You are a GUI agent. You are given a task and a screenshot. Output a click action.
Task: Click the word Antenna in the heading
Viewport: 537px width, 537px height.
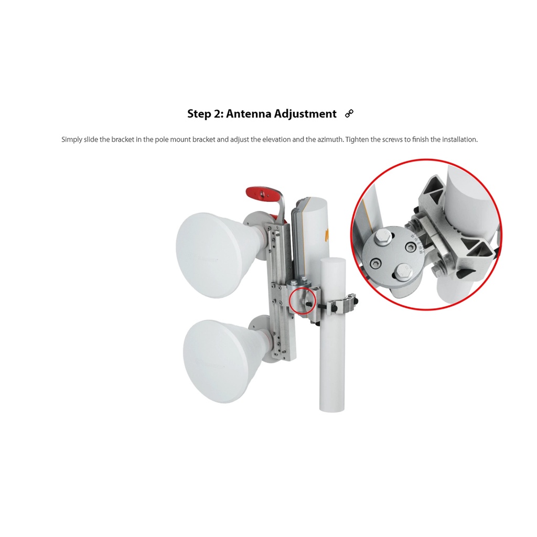click(249, 113)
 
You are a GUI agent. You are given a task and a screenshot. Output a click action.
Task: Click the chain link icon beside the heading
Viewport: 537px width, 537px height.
click(349, 113)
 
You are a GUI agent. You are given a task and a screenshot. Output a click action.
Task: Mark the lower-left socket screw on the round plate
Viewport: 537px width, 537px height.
click(375, 263)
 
